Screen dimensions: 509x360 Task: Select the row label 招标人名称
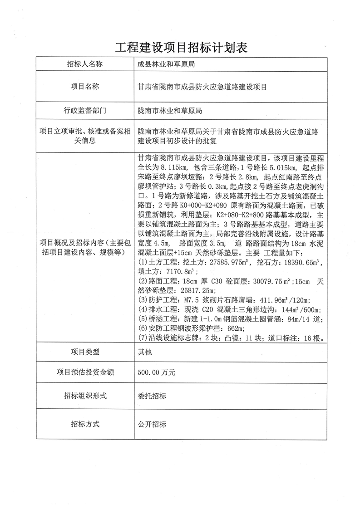(85, 64)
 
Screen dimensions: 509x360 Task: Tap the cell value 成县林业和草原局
(167, 64)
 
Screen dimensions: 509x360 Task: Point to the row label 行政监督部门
(85, 110)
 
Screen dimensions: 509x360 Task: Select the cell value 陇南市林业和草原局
(170, 110)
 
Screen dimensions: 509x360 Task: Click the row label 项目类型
(85, 351)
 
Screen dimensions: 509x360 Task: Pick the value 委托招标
(152, 396)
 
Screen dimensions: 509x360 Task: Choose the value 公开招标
(152, 425)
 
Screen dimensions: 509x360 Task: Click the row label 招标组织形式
(85, 396)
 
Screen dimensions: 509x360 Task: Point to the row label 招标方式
(85, 425)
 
